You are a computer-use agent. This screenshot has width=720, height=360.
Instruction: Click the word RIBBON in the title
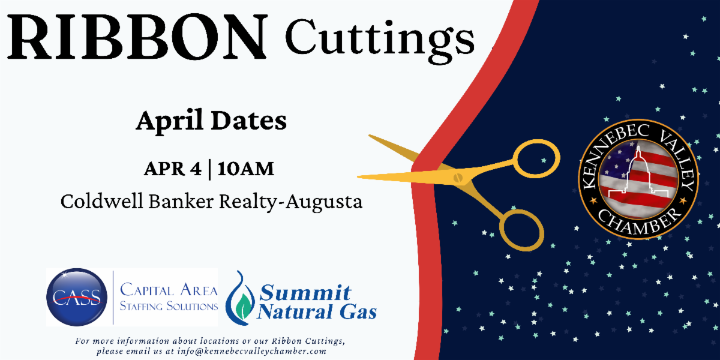point(137,37)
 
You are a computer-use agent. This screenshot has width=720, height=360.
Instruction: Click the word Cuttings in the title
point(380,40)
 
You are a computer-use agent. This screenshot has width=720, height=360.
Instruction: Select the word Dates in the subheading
point(249,120)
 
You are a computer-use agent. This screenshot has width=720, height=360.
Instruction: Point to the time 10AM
point(246,169)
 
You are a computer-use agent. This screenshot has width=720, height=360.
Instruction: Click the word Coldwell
point(102,202)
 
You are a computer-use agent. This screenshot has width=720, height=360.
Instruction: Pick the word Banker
point(181,202)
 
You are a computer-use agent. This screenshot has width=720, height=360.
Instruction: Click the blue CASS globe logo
point(77,298)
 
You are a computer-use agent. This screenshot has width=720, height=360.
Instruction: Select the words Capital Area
point(169,290)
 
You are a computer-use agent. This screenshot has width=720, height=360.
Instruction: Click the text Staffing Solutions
point(169,306)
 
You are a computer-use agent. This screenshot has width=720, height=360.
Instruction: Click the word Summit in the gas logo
point(305,292)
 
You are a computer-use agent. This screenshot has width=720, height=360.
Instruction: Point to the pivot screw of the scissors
point(458,178)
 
